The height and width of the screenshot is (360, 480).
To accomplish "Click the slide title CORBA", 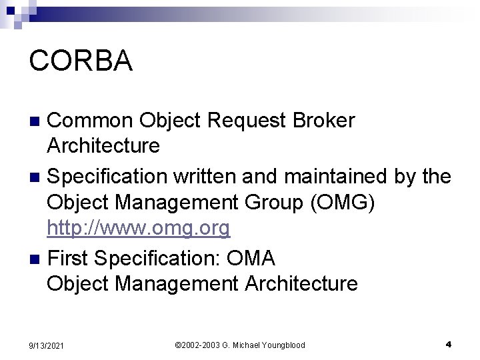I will [x=81, y=61].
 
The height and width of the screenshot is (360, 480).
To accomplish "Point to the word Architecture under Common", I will [x=103, y=145].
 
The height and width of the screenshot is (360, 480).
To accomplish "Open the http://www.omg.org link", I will [x=138, y=229].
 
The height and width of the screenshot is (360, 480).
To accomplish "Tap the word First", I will [x=69, y=257].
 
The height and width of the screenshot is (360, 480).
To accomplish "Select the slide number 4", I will [x=449, y=344].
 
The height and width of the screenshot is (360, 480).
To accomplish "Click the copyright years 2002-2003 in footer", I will [x=201, y=345].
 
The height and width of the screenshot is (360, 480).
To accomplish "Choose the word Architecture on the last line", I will [x=301, y=283].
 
